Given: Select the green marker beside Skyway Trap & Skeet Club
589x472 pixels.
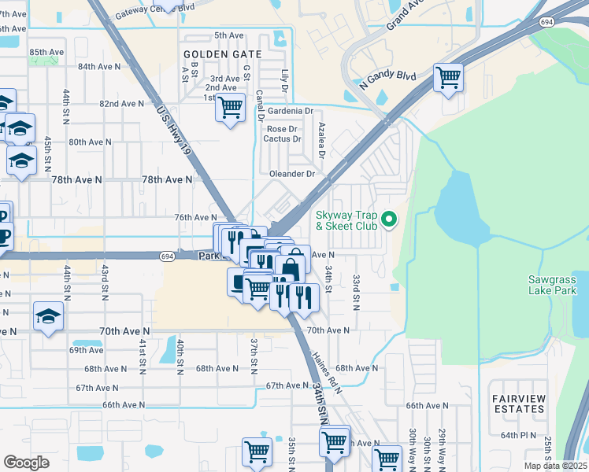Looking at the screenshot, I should tap(387, 219).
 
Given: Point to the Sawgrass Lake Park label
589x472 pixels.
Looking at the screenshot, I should tap(552, 285).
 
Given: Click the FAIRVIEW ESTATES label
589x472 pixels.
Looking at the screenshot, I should tap(518, 404).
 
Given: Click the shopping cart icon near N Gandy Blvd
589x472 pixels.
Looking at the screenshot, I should tap(448, 78).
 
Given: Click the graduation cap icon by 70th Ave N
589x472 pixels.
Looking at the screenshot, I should tap(48, 317).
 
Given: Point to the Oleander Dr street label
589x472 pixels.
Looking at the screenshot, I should tap(291, 174).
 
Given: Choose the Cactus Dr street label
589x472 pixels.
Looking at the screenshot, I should tap(284, 139).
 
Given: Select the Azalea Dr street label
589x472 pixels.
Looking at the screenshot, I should tap(321, 136).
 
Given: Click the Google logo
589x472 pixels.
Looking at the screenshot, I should tap(26, 462).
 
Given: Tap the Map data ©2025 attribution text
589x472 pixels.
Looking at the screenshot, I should tap(555, 466).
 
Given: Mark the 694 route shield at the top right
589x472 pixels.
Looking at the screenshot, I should tap(546, 23).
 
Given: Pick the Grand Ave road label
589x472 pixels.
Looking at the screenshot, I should tap(406, 13).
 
